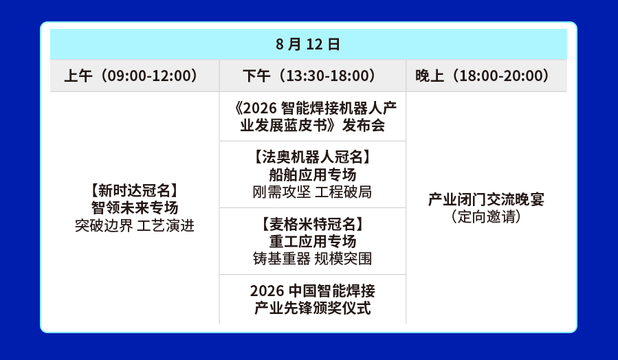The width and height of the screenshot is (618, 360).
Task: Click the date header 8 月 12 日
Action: coord(308,44)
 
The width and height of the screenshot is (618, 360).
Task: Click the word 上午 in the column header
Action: coord(78,76)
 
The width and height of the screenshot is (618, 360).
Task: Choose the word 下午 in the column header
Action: coord(257,76)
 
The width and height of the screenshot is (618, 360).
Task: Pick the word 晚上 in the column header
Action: coord(430,76)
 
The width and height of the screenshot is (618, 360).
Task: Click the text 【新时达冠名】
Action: coord(135,190)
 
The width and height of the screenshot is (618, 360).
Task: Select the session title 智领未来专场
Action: coord(135,207)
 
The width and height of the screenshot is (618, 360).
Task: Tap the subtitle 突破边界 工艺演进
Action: coord(135,226)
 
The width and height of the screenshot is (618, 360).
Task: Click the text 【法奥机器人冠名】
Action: coord(313,157)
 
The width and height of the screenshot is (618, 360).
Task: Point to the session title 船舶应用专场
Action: coord(313,175)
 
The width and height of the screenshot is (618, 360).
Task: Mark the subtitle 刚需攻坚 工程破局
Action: coord(313,192)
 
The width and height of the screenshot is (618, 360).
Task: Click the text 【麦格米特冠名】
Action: coord(313,224)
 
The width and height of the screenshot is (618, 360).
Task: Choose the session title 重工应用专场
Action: coord(313,241)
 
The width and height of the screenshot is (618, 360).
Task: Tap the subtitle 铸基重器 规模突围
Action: coord(313,258)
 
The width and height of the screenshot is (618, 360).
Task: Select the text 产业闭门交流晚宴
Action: coord(487,199)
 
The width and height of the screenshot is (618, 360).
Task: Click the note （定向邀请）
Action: coord(487,216)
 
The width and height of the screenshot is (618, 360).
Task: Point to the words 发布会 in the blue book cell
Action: coord(364,125)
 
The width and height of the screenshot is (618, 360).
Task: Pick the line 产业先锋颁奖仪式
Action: coord(313,308)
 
